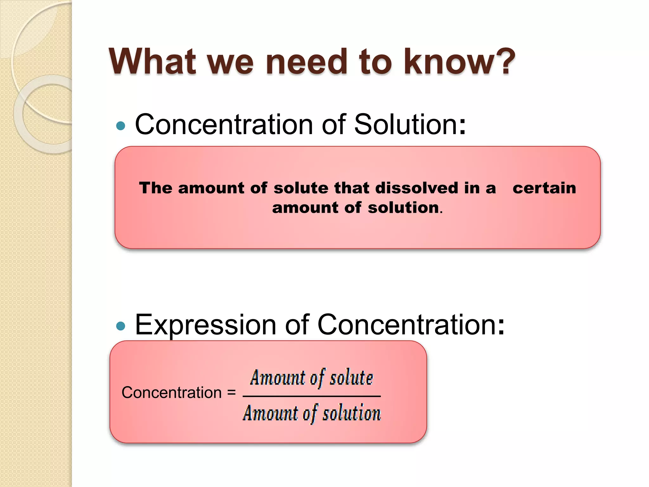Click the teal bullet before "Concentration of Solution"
coord(121,126)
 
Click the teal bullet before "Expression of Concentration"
coord(121,326)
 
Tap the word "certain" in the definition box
coord(544,188)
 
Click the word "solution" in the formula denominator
coord(351,413)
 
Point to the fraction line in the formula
coord(312,396)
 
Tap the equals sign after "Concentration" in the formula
coord(232,393)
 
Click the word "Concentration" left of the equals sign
coord(171,393)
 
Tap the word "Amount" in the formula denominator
coord(270,413)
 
